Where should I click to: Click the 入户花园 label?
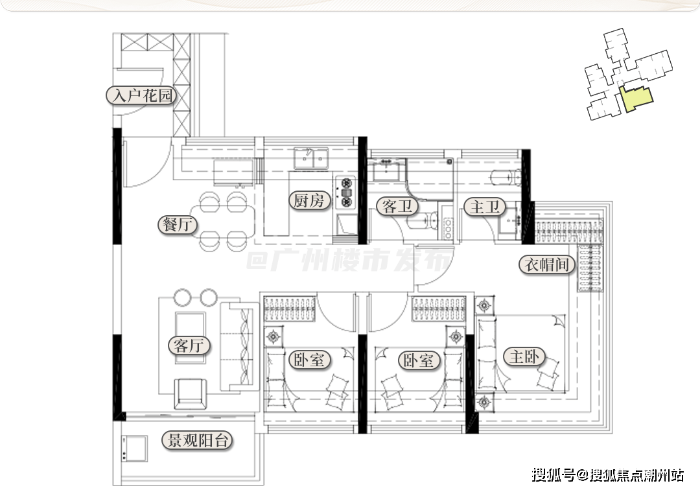141,95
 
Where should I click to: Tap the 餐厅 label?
178,224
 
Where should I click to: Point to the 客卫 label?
397,206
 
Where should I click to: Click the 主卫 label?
484,207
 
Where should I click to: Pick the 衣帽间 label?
546,264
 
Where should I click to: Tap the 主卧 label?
524,356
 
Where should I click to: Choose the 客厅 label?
189,345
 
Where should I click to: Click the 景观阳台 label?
197,441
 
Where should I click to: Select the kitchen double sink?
310,158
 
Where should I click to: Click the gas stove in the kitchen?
346,192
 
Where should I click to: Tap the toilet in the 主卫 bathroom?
506,178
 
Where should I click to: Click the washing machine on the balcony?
134,449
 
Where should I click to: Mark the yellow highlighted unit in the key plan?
636,98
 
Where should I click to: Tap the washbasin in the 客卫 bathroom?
386,170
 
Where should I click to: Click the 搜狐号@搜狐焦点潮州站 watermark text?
607,474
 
